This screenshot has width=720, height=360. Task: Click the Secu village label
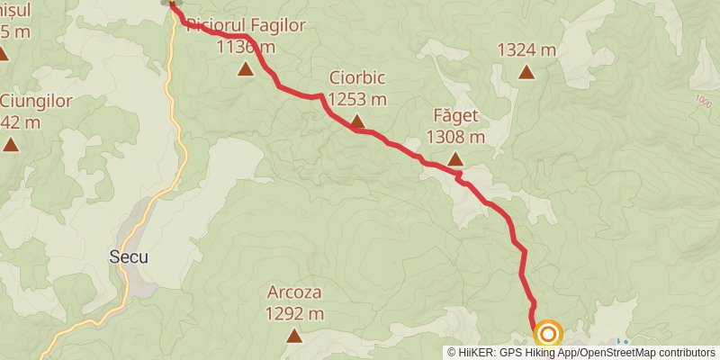[130, 256]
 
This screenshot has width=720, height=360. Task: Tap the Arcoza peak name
[294, 292]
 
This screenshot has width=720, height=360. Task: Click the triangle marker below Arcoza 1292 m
[294, 336]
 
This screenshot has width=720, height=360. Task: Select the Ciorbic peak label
[357, 77]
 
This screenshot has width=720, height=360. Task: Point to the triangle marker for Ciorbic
[357, 121]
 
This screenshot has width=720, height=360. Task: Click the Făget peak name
[455, 116]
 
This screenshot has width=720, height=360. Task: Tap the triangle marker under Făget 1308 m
[455, 160]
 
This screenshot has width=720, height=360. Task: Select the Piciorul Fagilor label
[246, 25]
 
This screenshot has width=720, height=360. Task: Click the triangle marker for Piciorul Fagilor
[246, 68]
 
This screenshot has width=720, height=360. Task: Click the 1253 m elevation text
[357, 99]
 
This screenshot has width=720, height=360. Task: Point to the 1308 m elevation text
[455, 138]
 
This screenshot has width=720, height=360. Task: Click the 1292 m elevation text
[294, 314]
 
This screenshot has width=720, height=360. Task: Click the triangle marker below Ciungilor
[10, 143]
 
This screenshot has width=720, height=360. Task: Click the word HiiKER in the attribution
[476, 353]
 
